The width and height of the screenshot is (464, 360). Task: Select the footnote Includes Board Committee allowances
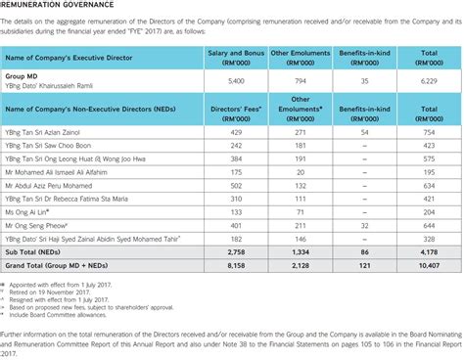click(69, 314)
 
